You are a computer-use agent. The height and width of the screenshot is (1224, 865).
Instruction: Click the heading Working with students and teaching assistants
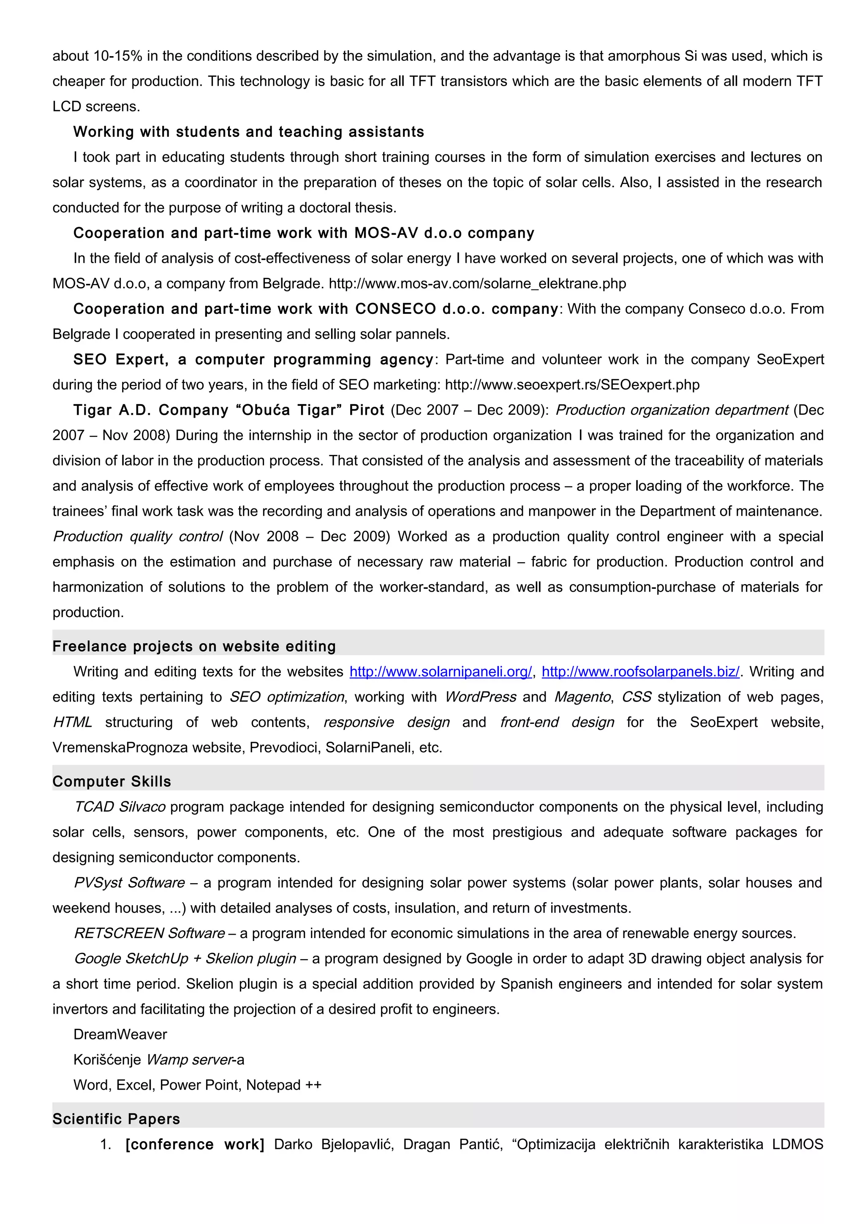(248, 132)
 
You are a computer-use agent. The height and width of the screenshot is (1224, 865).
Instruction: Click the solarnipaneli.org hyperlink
(440, 672)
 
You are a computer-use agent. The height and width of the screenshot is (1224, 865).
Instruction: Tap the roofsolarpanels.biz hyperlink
(640, 672)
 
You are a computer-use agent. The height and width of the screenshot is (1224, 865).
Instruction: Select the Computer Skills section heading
(112, 781)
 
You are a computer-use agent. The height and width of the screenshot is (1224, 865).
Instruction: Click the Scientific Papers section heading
(116, 1119)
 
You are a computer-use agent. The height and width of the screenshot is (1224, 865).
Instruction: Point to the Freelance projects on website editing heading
(194, 646)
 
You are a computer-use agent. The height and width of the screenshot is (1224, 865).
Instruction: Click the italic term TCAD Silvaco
(120, 807)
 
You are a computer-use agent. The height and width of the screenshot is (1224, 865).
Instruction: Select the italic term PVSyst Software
(130, 883)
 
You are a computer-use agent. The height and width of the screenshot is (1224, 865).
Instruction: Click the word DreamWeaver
(120, 1035)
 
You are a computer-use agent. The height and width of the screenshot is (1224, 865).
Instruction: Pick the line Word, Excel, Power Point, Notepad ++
(197, 1085)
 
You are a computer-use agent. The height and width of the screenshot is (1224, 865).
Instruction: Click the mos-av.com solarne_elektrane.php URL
(477, 283)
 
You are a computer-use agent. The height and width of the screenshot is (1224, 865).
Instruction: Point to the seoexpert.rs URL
(572, 385)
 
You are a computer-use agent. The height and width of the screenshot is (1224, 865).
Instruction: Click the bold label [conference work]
(195, 1145)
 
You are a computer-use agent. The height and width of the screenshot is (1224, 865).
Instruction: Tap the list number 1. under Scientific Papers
(106, 1145)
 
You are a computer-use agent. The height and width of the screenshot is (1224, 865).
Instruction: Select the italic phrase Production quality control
(138, 537)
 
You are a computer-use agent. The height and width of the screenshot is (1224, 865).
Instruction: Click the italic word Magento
(582, 697)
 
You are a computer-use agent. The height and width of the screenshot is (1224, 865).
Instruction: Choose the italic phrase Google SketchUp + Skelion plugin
(185, 958)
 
